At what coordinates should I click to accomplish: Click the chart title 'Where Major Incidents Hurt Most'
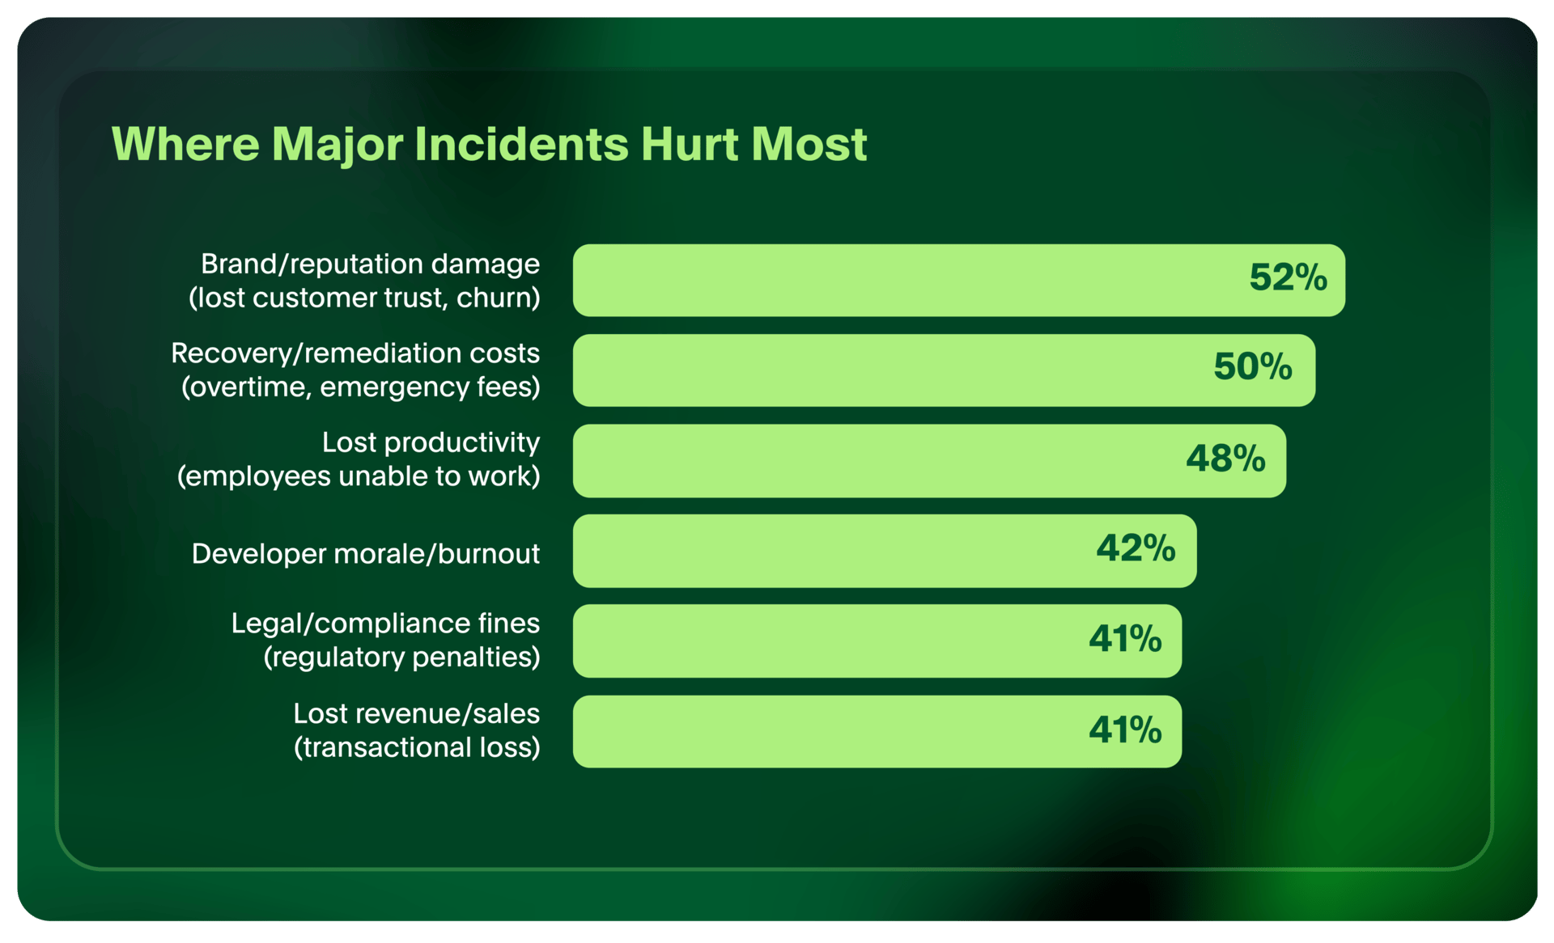(x=489, y=145)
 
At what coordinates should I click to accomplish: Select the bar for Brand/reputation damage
(x=959, y=280)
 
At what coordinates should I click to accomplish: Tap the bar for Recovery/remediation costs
(x=944, y=370)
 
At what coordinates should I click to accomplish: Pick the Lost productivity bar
(x=929, y=461)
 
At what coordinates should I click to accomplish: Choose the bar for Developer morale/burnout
(x=885, y=551)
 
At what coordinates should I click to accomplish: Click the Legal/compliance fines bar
(x=877, y=641)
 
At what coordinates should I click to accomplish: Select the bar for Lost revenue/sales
(x=877, y=732)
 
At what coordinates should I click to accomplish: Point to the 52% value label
(x=1289, y=277)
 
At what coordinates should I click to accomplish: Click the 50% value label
(x=1253, y=367)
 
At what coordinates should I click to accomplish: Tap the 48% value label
(x=1225, y=459)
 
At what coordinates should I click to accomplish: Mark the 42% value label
(x=1136, y=548)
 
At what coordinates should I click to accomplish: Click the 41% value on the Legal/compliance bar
(x=1125, y=639)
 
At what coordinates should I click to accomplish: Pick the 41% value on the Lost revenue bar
(x=1125, y=729)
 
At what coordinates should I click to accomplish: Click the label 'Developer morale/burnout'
(x=366, y=554)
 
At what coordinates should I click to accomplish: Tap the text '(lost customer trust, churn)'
(x=364, y=298)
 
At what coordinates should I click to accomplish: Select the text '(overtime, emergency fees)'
(x=361, y=387)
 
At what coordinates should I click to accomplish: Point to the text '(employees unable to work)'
(x=359, y=476)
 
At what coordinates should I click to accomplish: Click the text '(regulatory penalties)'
(x=402, y=657)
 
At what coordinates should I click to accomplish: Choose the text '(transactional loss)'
(x=417, y=747)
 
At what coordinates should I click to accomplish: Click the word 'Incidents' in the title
(x=522, y=145)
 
